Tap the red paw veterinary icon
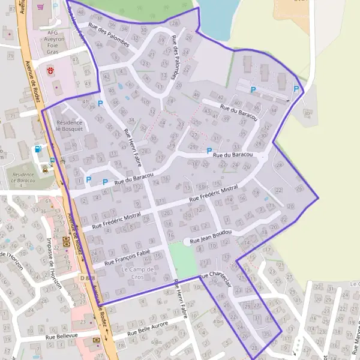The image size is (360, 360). pos(51,70)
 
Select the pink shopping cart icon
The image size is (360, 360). pos(40,7)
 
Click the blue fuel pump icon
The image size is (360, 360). pos(38,149)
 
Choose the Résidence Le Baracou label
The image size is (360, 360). pos(23,178)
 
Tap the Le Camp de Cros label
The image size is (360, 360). pos(138,273)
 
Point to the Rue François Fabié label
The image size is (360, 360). pos(127,258)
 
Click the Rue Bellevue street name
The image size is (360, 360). pos(62,338)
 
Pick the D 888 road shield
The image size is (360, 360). pos(87,278)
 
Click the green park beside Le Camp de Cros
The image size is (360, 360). pos(182,259)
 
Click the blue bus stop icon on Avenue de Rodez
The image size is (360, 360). pos(52,160)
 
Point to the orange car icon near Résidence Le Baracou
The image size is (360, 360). pos(45,169)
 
